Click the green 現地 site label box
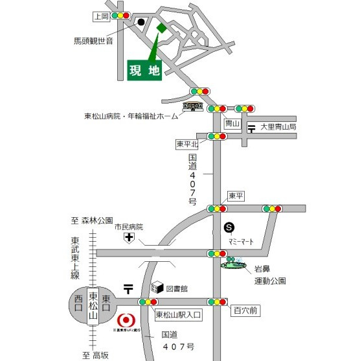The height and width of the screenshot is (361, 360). pyautogui.click(x=144, y=71)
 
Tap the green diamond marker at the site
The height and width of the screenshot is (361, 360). pyautogui.click(x=161, y=27)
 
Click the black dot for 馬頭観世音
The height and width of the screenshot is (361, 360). pyautogui.click(x=141, y=22)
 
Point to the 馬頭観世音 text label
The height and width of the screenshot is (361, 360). pyautogui.click(x=93, y=41)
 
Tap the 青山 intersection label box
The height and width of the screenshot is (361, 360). pyautogui.click(x=232, y=124)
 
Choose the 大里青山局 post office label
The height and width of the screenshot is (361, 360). pyautogui.click(x=278, y=128)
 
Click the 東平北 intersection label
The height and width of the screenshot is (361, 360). pyautogui.click(x=187, y=143)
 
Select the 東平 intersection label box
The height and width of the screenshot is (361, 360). pyautogui.click(x=236, y=196)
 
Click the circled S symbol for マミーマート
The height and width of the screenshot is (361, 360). pyautogui.click(x=229, y=227)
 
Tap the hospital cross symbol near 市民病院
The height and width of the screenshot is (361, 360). pyautogui.click(x=129, y=239)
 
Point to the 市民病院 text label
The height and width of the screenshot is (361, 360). pyautogui.click(x=129, y=227)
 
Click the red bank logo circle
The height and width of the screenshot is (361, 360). pyautogui.click(x=125, y=320)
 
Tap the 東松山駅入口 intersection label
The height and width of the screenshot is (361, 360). pyautogui.click(x=179, y=313)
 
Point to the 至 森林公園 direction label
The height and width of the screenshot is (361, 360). pyautogui.click(x=93, y=220)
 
